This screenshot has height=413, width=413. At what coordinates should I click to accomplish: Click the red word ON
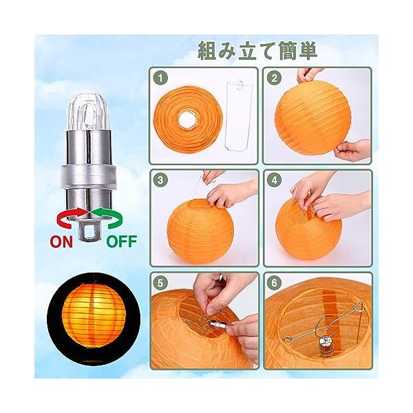(x=61, y=242)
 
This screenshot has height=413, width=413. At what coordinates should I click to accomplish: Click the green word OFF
(x=122, y=242)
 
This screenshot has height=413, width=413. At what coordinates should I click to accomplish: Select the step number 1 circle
(x=160, y=78)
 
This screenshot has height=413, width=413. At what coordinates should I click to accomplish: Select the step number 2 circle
(x=275, y=78)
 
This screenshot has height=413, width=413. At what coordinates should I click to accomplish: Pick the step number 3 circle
(x=160, y=180)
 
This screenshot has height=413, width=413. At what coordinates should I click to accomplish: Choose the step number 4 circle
(x=275, y=180)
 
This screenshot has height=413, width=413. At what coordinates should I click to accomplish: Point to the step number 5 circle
(x=160, y=283)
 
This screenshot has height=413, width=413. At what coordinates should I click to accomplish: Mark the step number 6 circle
(x=275, y=283)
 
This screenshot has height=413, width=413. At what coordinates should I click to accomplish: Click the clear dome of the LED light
(x=88, y=112)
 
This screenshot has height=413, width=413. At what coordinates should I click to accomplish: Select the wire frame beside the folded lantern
(x=237, y=115)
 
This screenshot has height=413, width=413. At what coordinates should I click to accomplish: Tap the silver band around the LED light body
(x=89, y=176)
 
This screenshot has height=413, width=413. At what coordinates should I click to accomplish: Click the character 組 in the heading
(x=207, y=50)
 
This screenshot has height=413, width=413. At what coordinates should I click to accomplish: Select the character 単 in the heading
(x=307, y=50)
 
